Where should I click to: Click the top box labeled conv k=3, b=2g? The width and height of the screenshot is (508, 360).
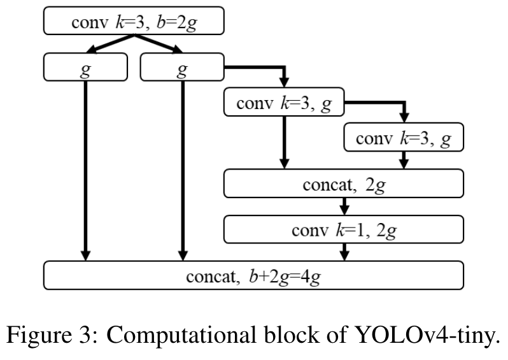(134, 22)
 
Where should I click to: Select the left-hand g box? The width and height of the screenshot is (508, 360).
(85, 68)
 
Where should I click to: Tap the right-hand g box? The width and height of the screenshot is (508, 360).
(181, 68)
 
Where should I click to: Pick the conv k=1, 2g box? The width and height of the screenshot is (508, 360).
(344, 229)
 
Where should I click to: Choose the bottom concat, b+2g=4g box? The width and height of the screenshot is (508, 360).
(253, 275)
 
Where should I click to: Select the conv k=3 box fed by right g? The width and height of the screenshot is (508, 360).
(284, 104)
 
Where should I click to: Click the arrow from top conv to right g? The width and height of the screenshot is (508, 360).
(159, 45)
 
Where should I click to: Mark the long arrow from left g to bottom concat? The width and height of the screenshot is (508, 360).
(85, 172)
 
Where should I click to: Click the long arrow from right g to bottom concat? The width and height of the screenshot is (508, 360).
(183, 172)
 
